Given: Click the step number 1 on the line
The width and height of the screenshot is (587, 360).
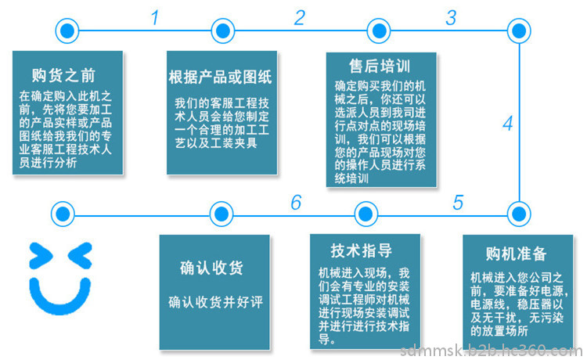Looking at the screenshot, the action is pos(155,17).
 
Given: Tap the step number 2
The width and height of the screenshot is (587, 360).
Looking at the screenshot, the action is pos(300,17).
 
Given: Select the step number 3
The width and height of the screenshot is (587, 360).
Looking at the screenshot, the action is pos(451,17).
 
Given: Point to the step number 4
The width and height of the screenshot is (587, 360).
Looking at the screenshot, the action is pos(508,124).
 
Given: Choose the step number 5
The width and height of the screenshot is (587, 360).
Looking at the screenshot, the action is pos(458,203).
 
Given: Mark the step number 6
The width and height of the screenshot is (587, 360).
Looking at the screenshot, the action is pos(296,203).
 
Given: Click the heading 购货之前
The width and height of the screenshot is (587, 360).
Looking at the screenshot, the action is pos(63,75).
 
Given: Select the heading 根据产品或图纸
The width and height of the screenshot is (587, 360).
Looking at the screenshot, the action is pos(220,77).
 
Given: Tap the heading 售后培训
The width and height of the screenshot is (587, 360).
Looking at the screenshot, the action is pos(380,66).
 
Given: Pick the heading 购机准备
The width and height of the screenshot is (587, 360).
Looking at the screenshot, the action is pos(517,254).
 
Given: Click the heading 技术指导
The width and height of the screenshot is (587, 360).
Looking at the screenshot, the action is pos(362,250).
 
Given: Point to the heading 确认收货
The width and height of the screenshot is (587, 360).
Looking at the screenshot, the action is pos(211,268).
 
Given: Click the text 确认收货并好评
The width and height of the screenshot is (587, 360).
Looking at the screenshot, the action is pos(216,302).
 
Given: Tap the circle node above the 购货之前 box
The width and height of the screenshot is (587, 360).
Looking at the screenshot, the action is pos(67,31).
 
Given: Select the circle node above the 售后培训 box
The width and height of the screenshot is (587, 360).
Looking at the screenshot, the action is pos(379,31).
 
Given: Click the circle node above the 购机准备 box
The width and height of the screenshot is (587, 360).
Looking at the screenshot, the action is pos(519,214).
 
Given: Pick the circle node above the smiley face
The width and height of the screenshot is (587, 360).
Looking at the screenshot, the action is pos(63,214).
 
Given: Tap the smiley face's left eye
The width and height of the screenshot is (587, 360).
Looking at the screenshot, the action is pos(41,256).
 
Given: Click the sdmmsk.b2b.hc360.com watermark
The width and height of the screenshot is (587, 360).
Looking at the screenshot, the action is pos(492,351).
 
